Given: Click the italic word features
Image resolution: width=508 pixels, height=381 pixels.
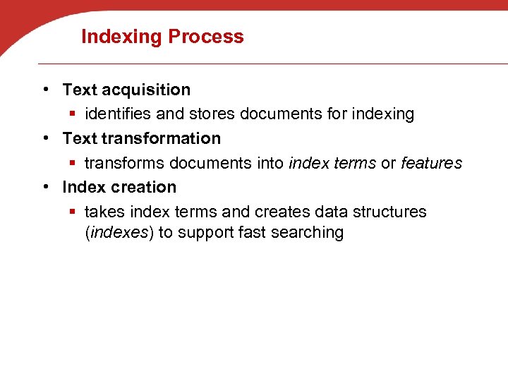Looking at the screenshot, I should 431,164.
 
